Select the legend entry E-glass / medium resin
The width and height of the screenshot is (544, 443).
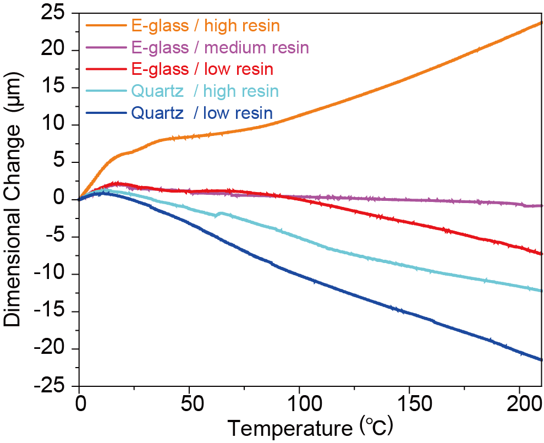[x=220, y=47]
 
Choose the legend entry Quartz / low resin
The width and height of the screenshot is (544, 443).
[x=201, y=113]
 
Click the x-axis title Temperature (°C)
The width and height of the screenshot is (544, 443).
[x=310, y=428]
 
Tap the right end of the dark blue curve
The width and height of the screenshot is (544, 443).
[x=542, y=359]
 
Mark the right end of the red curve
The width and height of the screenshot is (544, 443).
[x=542, y=253]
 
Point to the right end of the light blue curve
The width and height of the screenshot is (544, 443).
[x=542, y=290]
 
